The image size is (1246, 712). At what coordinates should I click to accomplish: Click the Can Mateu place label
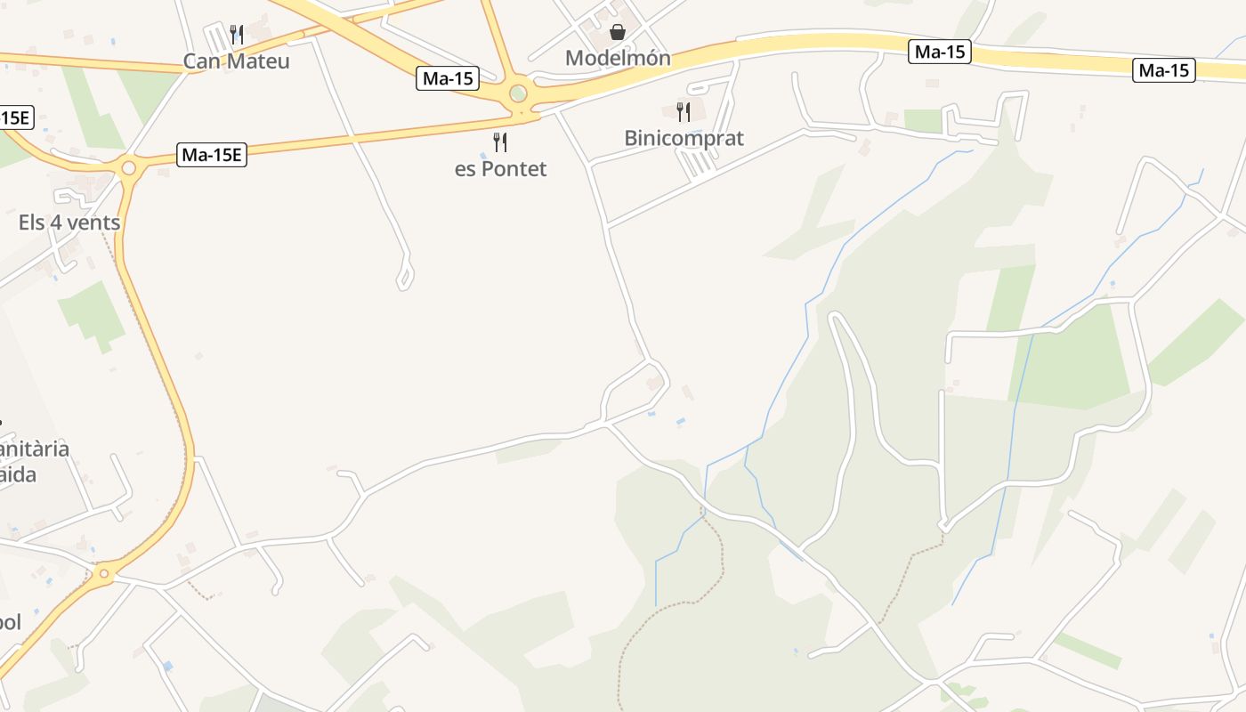(237, 61)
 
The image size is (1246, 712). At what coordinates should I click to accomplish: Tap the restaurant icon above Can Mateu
(237, 35)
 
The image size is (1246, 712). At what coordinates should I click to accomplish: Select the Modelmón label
(618, 59)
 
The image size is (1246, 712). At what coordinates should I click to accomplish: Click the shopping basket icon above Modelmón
(618, 33)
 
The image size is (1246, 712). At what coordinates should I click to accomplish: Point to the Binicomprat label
(684, 138)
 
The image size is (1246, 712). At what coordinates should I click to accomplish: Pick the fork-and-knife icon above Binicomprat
(684, 112)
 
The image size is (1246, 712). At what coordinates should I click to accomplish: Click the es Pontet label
(500, 169)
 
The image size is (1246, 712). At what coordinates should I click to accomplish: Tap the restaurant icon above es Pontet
(500, 142)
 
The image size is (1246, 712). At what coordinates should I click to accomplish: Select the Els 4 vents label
(69, 222)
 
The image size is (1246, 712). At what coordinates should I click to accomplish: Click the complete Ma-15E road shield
(212, 155)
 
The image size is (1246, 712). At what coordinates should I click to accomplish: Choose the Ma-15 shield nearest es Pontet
(449, 78)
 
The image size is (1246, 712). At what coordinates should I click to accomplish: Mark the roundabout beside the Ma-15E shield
(128, 167)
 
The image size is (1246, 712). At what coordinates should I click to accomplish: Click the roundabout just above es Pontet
(518, 93)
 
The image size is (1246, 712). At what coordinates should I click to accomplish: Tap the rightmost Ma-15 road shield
(1163, 70)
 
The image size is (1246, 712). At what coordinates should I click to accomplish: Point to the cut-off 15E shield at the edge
(15, 117)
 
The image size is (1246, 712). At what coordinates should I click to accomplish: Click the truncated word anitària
(35, 449)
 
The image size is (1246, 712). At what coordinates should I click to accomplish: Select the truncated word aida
(18, 474)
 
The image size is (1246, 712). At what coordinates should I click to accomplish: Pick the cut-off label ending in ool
(10, 622)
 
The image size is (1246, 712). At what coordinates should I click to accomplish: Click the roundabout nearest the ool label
(105, 574)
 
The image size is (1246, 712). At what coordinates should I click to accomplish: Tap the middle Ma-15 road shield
(940, 52)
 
